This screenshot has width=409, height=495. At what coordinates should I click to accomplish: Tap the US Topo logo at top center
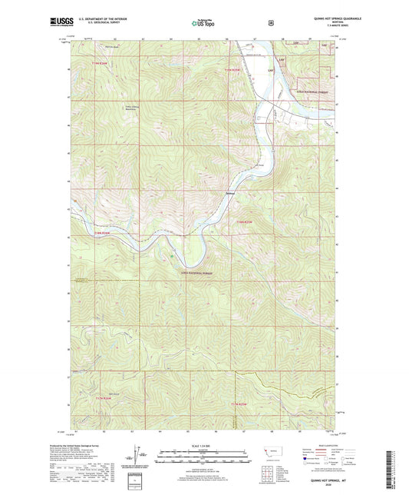pyautogui.click(x=203, y=23)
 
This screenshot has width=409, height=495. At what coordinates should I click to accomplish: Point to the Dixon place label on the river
pyautogui.click(x=230, y=193)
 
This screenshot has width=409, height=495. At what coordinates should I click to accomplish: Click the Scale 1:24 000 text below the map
pyautogui.click(x=203, y=445)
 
